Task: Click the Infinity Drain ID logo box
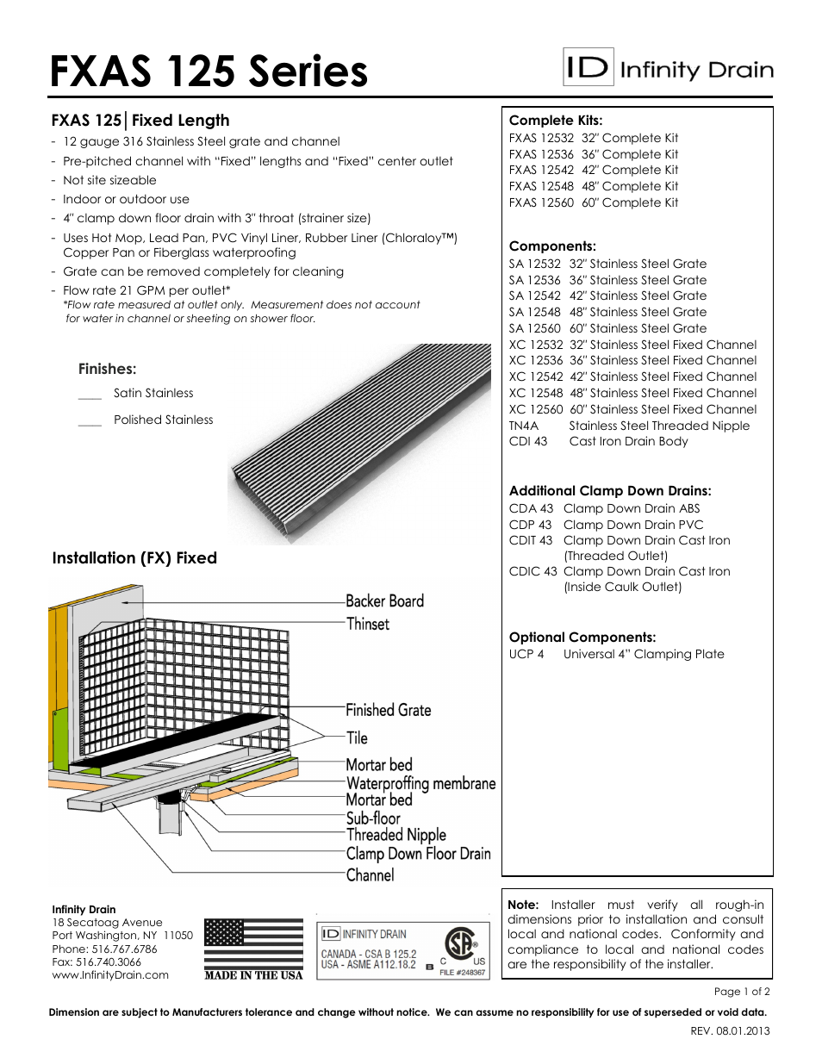pyautogui.click(x=588, y=68)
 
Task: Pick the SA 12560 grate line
pyautogui.click(x=607, y=328)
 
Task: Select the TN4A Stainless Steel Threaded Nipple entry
pyautogui.click(x=629, y=426)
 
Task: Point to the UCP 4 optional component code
pyautogui.click(x=526, y=654)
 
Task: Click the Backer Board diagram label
pyautogui.click(x=384, y=600)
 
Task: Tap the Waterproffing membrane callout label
pyautogui.click(x=420, y=783)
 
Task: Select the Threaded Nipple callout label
pyautogui.click(x=395, y=835)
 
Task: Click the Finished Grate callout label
pyautogui.click(x=388, y=710)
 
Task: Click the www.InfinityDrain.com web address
pyautogui.click(x=110, y=975)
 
